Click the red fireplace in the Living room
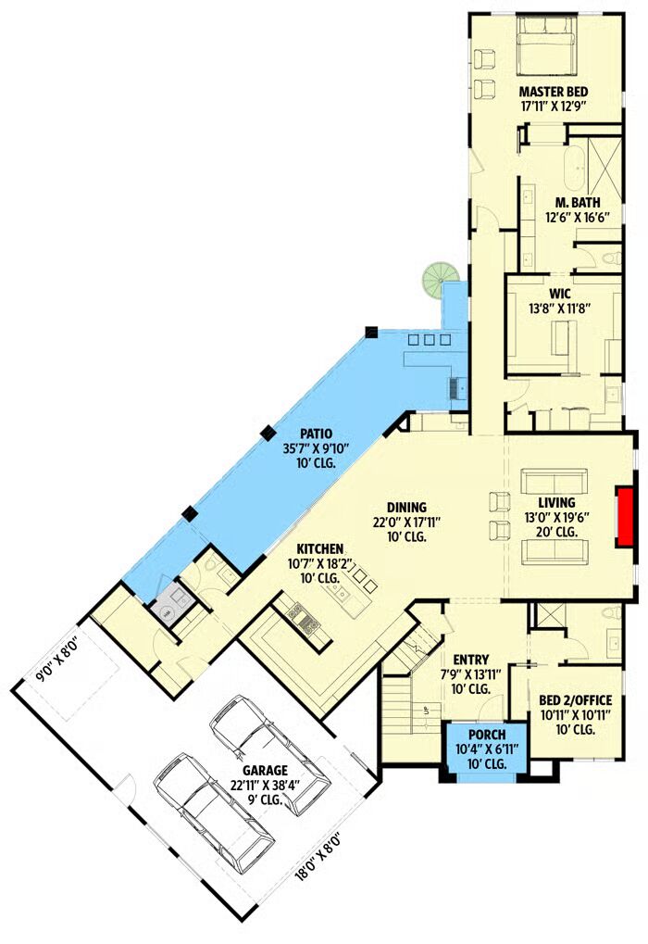tap(625, 517)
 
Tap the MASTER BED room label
tap(553, 92)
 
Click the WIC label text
tap(559, 295)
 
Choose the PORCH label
tap(487, 735)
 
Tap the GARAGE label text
tap(265, 770)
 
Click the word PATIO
tap(316, 434)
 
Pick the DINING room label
tap(406, 508)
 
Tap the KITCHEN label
tap(320, 549)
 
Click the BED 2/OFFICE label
tap(575, 700)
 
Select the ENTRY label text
tap(470, 660)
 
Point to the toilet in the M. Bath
tap(610, 258)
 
